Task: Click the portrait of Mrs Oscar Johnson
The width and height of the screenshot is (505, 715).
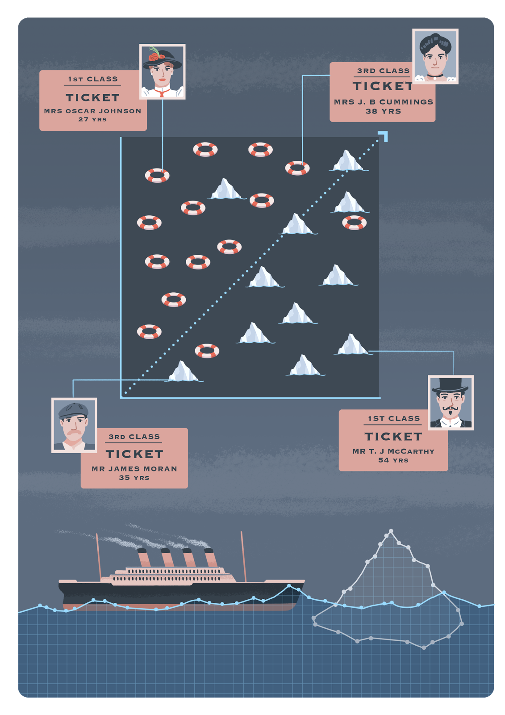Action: click(x=162, y=71)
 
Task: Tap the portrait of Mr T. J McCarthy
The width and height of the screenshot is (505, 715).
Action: click(x=451, y=403)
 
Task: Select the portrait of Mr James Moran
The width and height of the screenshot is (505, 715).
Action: click(x=74, y=425)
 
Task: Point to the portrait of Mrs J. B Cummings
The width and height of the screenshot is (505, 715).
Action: click(x=435, y=56)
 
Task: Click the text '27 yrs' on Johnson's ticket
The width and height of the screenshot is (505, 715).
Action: click(x=92, y=119)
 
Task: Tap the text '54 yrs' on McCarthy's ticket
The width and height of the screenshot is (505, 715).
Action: click(x=393, y=460)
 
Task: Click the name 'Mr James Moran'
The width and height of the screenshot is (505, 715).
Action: click(x=134, y=469)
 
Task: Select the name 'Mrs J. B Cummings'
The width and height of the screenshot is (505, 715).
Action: click(x=383, y=102)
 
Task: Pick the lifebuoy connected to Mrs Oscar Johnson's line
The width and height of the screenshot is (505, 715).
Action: click(x=157, y=176)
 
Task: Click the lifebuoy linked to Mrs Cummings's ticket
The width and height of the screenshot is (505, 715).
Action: click(x=297, y=168)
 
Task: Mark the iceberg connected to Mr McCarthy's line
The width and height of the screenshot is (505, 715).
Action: click(x=353, y=345)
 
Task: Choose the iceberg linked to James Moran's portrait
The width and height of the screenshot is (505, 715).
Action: click(x=183, y=372)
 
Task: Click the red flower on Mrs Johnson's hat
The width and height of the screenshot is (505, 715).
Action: click(x=154, y=56)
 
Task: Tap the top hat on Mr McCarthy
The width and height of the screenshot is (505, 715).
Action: click(x=450, y=385)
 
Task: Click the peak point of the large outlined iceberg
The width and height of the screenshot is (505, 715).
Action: click(x=391, y=531)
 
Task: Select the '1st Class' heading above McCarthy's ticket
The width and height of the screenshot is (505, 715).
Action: click(x=394, y=419)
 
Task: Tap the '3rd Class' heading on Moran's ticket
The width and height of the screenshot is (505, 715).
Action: click(x=134, y=437)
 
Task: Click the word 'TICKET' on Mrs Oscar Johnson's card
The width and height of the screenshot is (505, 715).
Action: click(x=92, y=97)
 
